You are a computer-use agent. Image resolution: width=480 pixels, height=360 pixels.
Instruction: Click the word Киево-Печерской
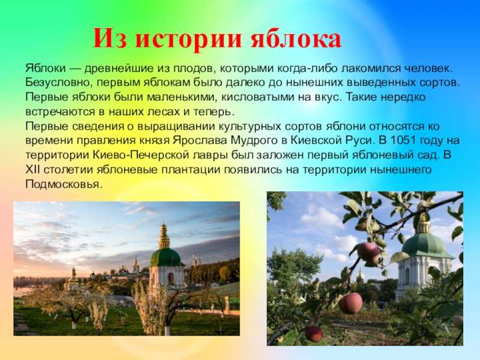(129, 155)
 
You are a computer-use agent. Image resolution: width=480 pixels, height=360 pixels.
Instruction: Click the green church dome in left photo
(166, 256)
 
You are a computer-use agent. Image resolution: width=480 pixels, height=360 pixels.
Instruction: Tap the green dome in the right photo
(427, 244)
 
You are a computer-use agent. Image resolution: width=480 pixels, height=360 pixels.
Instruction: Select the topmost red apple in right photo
(368, 253)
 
